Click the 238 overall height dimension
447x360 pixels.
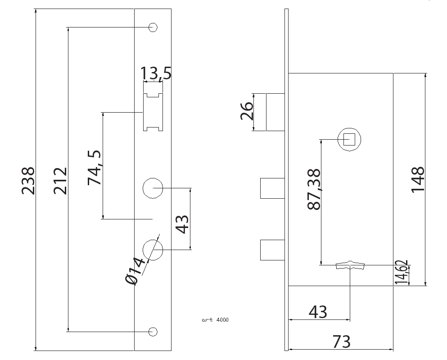pyautogui.click(x=28, y=181)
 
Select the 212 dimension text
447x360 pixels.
pyautogui.click(x=60, y=181)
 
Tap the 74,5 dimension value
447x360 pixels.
pyautogui.click(x=95, y=167)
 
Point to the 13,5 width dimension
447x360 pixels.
pyautogui.click(x=156, y=73)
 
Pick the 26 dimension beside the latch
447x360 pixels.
pyautogui.click(x=246, y=112)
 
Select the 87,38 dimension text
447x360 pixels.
pyautogui.click(x=314, y=189)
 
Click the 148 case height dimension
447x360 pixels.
pyautogui.click(x=418, y=179)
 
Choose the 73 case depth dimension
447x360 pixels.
pyautogui.click(x=341, y=342)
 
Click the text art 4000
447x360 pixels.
pyautogui.click(x=215, y=320)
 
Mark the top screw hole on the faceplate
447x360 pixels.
pyautogui.click(x=153, y=27)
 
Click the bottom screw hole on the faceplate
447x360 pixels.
pyautogui.click(x=153, y=332)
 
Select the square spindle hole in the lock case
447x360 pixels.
pyautogui.click(x=350, y=139)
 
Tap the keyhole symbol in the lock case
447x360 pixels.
pyautogui.click(x=350, y=265)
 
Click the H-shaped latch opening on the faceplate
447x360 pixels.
pyautogui.click(x=153, y=112)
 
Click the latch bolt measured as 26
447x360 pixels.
pyautogui.click(x=275, y=112)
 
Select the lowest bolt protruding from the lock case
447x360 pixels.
pyautogui.click(x=272, y=250)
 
